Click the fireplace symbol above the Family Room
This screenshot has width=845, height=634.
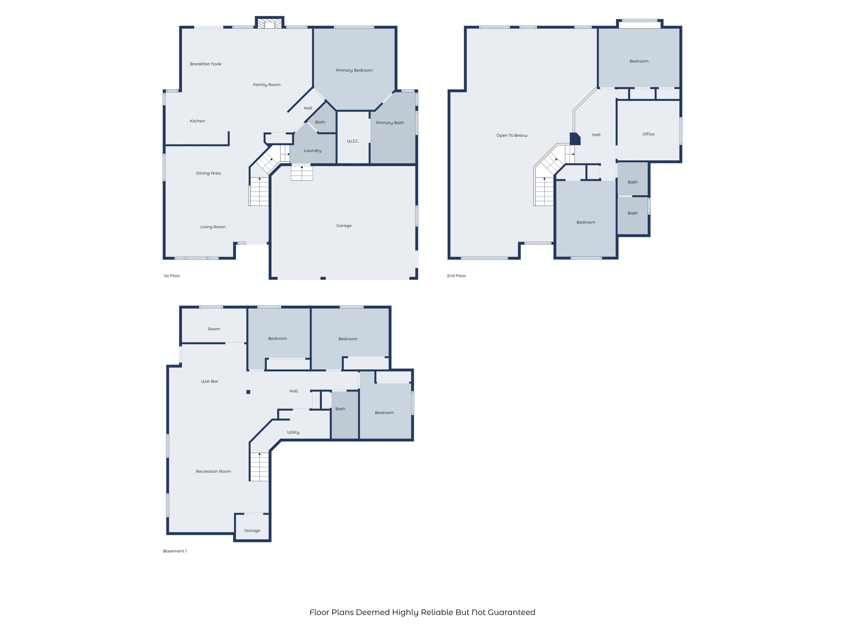click(x=269, y=23)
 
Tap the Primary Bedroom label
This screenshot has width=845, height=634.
click(x=354, y=70)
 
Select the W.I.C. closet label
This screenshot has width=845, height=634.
click(x=353, y=141)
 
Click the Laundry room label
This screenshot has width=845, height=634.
click(x=312, y=151)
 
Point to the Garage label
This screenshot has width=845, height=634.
click(x=344, y=226)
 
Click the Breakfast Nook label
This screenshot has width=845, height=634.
click(x=205, y=64)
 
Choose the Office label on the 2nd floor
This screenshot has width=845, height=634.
click(x=648, y=134)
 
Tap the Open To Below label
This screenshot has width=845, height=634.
click(x=512, y=135)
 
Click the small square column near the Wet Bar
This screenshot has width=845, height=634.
click(x=248, y=392)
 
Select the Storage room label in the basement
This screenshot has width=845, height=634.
click(x=252, y=531)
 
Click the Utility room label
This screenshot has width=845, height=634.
click(x=293, y=433)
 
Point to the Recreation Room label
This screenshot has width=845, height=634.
click(x=213, y=471)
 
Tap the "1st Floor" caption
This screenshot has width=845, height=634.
click(x=172, y=276)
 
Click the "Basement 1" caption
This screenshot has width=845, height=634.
click(x=175, y=551)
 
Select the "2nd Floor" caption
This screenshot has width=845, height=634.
click(x=456, y=276)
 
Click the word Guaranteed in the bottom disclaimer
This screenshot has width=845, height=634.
click(x=511, y=613)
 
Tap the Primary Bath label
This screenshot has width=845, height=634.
click(x=390, y=123)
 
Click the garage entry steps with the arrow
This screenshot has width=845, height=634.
click(x=302, y=172)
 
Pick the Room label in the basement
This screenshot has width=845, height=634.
click(x=214, y=329)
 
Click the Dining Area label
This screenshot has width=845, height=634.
click(x=208, y=173)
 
